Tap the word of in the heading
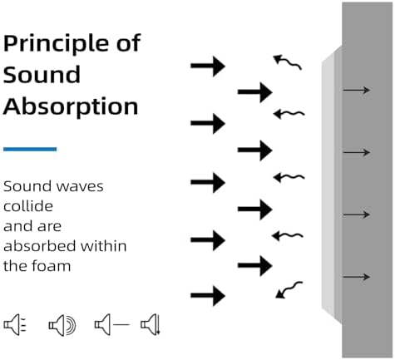[129, 42]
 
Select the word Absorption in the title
[71, 106]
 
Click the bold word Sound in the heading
[42, 74]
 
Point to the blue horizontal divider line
[30, 149]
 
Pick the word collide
[28, 206]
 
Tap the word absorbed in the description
[39, 246]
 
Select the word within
[103, 246]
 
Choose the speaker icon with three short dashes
[15, 324]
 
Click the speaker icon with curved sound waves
[62, 325]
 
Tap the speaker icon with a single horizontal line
[112, 324]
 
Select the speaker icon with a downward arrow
[151, 324]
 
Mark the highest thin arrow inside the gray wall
[357, 90]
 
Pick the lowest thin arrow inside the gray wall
[357, 277]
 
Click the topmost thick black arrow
[208, 66]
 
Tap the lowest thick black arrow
[208, 295]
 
